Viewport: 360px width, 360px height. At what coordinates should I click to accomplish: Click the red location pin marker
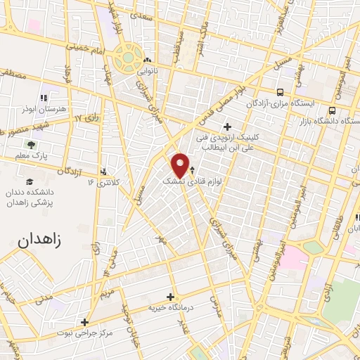(x=180, y=165)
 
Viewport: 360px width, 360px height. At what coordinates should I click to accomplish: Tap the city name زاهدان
(x=39, y=239)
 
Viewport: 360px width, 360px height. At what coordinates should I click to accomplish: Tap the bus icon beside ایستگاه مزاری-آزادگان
(x=281, y=92)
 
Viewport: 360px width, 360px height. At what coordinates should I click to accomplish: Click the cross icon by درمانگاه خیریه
(x=170, y=296)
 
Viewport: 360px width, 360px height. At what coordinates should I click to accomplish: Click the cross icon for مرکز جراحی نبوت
(x=85, y=322)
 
